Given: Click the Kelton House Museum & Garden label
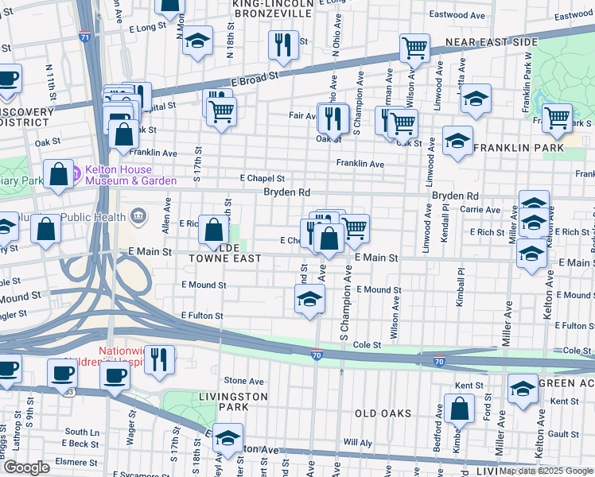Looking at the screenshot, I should pyautogui.click(x=131, y=175).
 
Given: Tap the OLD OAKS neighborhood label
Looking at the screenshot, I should pyautogui.click(x=383, y=413).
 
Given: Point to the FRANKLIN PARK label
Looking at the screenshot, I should pyautogui.click(x=519, y=148).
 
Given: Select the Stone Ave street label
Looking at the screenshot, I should pyautogui.click(x=243, y=381).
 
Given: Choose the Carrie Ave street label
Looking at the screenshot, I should pyautogui.click(x=480, y=210).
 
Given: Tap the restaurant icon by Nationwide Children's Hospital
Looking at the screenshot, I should pyautogui.click(x=160, y=360).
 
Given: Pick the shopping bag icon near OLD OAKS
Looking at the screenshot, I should pyautogui.click(x=460, y=409).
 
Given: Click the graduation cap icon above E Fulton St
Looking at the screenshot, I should pyautogui.click(x=309, y=301).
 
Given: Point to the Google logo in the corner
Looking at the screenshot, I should pyautogui.click(x=25, y=468).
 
